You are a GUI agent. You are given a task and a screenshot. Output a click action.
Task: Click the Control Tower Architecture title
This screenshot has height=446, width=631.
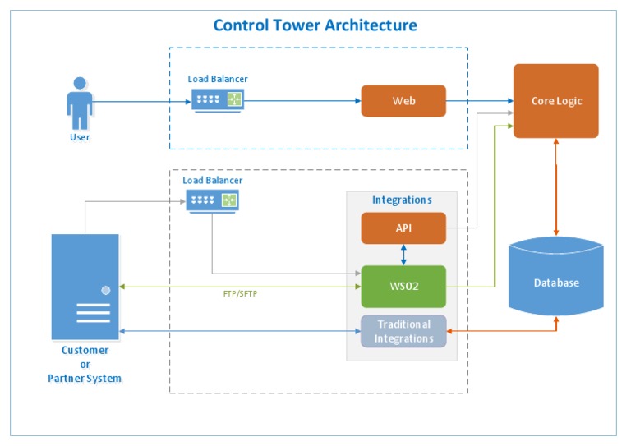pos(315,25)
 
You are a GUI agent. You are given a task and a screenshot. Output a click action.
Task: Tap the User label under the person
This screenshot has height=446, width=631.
pos(79,137)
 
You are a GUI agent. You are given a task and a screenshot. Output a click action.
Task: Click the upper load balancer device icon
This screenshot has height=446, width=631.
pos(218,100)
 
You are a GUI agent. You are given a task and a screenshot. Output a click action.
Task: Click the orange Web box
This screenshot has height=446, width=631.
pos(403,101)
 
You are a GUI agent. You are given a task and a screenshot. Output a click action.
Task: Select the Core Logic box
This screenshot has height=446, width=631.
pos(556,101)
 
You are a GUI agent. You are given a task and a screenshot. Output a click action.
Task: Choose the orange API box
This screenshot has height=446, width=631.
pos(403,228)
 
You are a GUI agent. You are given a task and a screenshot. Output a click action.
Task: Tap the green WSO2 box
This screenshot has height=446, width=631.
pos(403,287)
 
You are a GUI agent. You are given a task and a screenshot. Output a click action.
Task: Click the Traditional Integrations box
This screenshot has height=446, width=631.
pos(403,330)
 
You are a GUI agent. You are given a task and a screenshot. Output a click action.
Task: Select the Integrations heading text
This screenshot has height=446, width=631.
pos(402,200)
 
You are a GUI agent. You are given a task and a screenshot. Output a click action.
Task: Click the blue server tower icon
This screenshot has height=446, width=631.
pos(85,287)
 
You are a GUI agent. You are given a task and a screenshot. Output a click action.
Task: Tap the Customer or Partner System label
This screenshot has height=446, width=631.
pos(85,364)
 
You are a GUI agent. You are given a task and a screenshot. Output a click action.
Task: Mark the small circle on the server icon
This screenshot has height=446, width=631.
pos(105,290)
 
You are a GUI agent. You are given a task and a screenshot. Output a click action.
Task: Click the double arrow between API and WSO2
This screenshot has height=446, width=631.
pos(403,255)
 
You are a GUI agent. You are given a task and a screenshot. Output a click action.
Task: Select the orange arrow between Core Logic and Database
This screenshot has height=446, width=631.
pos(557,188)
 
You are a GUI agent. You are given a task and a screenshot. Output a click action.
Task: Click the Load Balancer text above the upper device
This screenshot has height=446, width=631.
pos(218,79)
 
